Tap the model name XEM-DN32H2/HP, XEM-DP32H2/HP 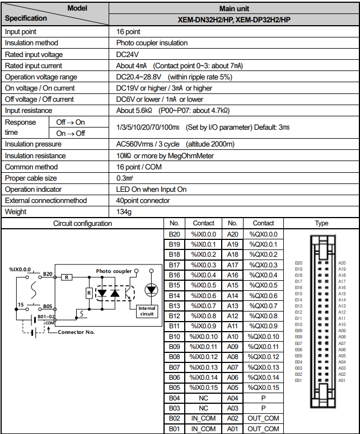click(x=234, y=20)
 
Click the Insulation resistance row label click(x=35, y=155)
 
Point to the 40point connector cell click(x=143, y=200)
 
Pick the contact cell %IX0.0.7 click(x=203, y=306)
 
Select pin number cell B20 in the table click(x=174, y=234)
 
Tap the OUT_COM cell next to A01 click(x=263, y=429)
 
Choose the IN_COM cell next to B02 click(x=203, y=419)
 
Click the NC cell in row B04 click(x=203, y=398)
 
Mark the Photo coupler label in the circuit click(x=114, y=271)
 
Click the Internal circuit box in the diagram click(x=147, y=311)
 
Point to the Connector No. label click(x=77, y=332)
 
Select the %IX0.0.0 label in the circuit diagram click(x=20, y=269)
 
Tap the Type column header click(x=321, y=223)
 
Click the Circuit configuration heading click(x=82, y=223)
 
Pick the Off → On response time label click(x=71, y=122)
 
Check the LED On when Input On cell click(x=151, y=189)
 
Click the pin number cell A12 click(x=233, y=316)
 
